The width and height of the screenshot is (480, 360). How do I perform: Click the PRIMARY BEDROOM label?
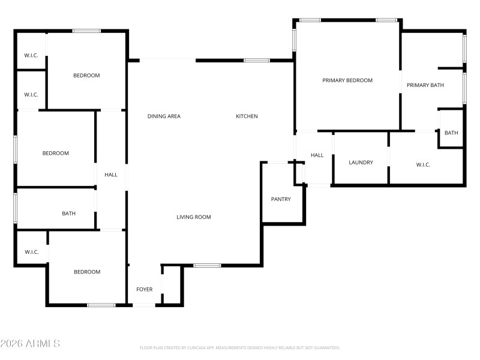point(347,80)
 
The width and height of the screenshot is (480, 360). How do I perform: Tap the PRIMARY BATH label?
point(425,85)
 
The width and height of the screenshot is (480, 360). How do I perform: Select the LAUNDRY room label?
point(361,163)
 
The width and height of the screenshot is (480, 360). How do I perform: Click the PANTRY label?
point(281,199)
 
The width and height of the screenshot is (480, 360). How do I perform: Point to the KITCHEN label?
point(247,116)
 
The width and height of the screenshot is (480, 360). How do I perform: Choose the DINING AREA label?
point(164,116)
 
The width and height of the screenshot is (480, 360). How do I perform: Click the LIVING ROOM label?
point(194,217)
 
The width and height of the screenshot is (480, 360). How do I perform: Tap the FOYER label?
point(145,290)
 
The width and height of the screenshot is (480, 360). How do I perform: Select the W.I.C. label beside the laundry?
point(423,164)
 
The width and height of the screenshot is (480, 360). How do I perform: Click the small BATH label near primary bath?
point(451,133)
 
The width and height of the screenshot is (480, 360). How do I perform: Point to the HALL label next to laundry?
point(317,155)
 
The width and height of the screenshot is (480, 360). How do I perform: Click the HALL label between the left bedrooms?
point(111,175)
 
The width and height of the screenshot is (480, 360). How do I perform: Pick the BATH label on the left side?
point(69,214)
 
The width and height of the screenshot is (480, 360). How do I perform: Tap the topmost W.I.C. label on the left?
point(31,56)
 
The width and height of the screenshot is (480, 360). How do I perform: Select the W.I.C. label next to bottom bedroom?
point(32,252)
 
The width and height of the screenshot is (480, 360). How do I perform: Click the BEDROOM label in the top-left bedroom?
point(86,76)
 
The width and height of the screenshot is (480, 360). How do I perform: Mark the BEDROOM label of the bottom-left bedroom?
point(87,272)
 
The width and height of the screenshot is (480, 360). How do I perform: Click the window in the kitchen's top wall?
point(257,60)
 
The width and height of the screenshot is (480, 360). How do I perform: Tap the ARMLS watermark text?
point(30,344)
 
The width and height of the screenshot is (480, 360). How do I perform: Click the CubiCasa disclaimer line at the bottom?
point(240,347)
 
